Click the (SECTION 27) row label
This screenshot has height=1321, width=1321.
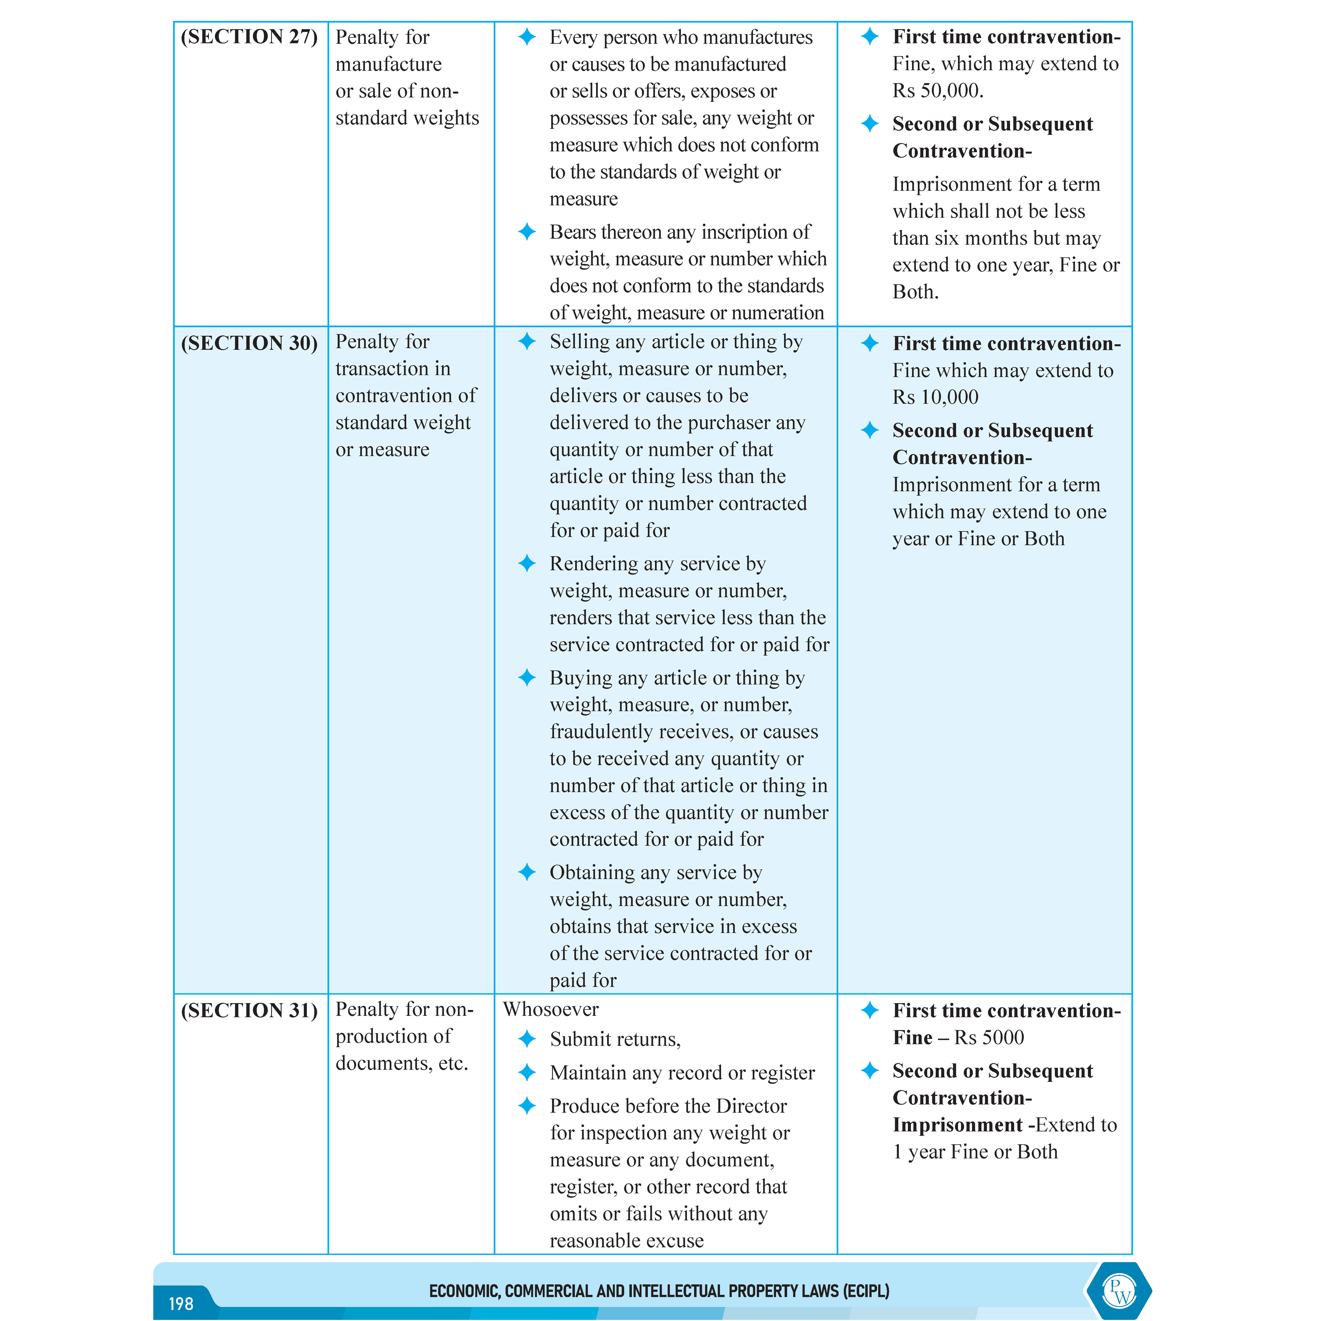pyautogui.click(x=249, y=37)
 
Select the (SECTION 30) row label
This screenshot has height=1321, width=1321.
pyautogui.click(x=249, y=343)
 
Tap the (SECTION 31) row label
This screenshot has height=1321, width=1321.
pyautogui.click(x=249, y=1011)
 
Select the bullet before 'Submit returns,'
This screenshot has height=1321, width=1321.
pyautogui.click(x=526, y=1039)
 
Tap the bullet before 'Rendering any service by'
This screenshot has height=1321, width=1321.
pyautogui.click(x=526, y=563)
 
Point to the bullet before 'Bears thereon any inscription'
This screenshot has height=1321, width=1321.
pyautogui.click(x=526, y=232)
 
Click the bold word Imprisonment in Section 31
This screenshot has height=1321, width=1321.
pyautogui.click(x=957, y=1125)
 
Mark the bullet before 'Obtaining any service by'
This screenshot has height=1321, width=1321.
pyautogui.click(x=526, y=872)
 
